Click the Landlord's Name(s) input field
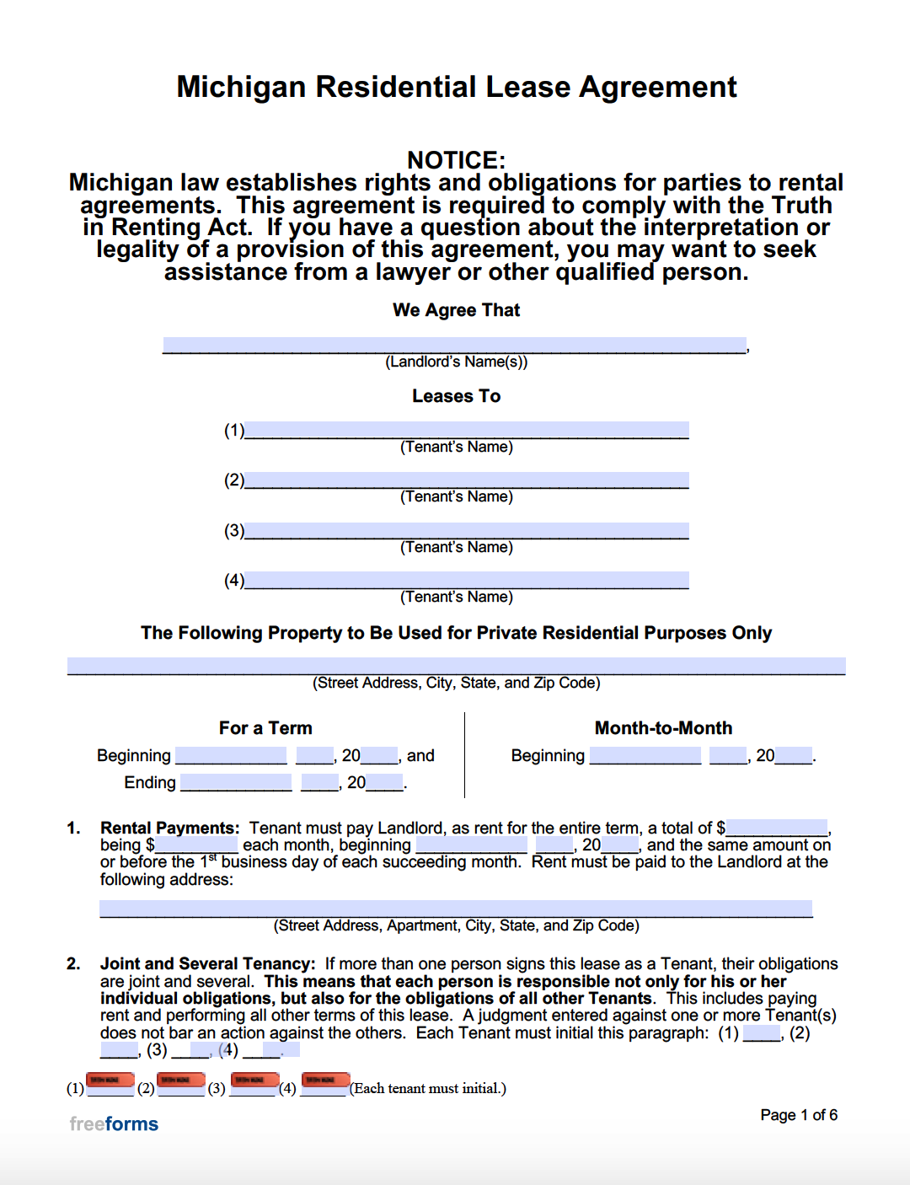[x=454, y=345]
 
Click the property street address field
[x=456, y=666]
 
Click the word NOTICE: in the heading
[x=456, y=159]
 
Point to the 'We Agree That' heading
[x=456, y=310]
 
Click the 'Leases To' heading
[x=456, y=396]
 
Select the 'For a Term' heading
[x=265, y=728]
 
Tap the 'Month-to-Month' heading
[x=663, y=728]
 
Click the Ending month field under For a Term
[x=236, y=782]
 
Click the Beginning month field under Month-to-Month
[x=645, y=755]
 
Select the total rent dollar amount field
[x=777, y=828]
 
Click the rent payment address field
[x=456, y=909]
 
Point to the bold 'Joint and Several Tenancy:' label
[x=207, y=964]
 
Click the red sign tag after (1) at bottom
[x=110, y=1080]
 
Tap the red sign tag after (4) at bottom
[x=325, y=1080]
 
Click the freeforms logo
[x=114, y=1123]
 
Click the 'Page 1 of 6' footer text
[x=798, y=1115]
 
